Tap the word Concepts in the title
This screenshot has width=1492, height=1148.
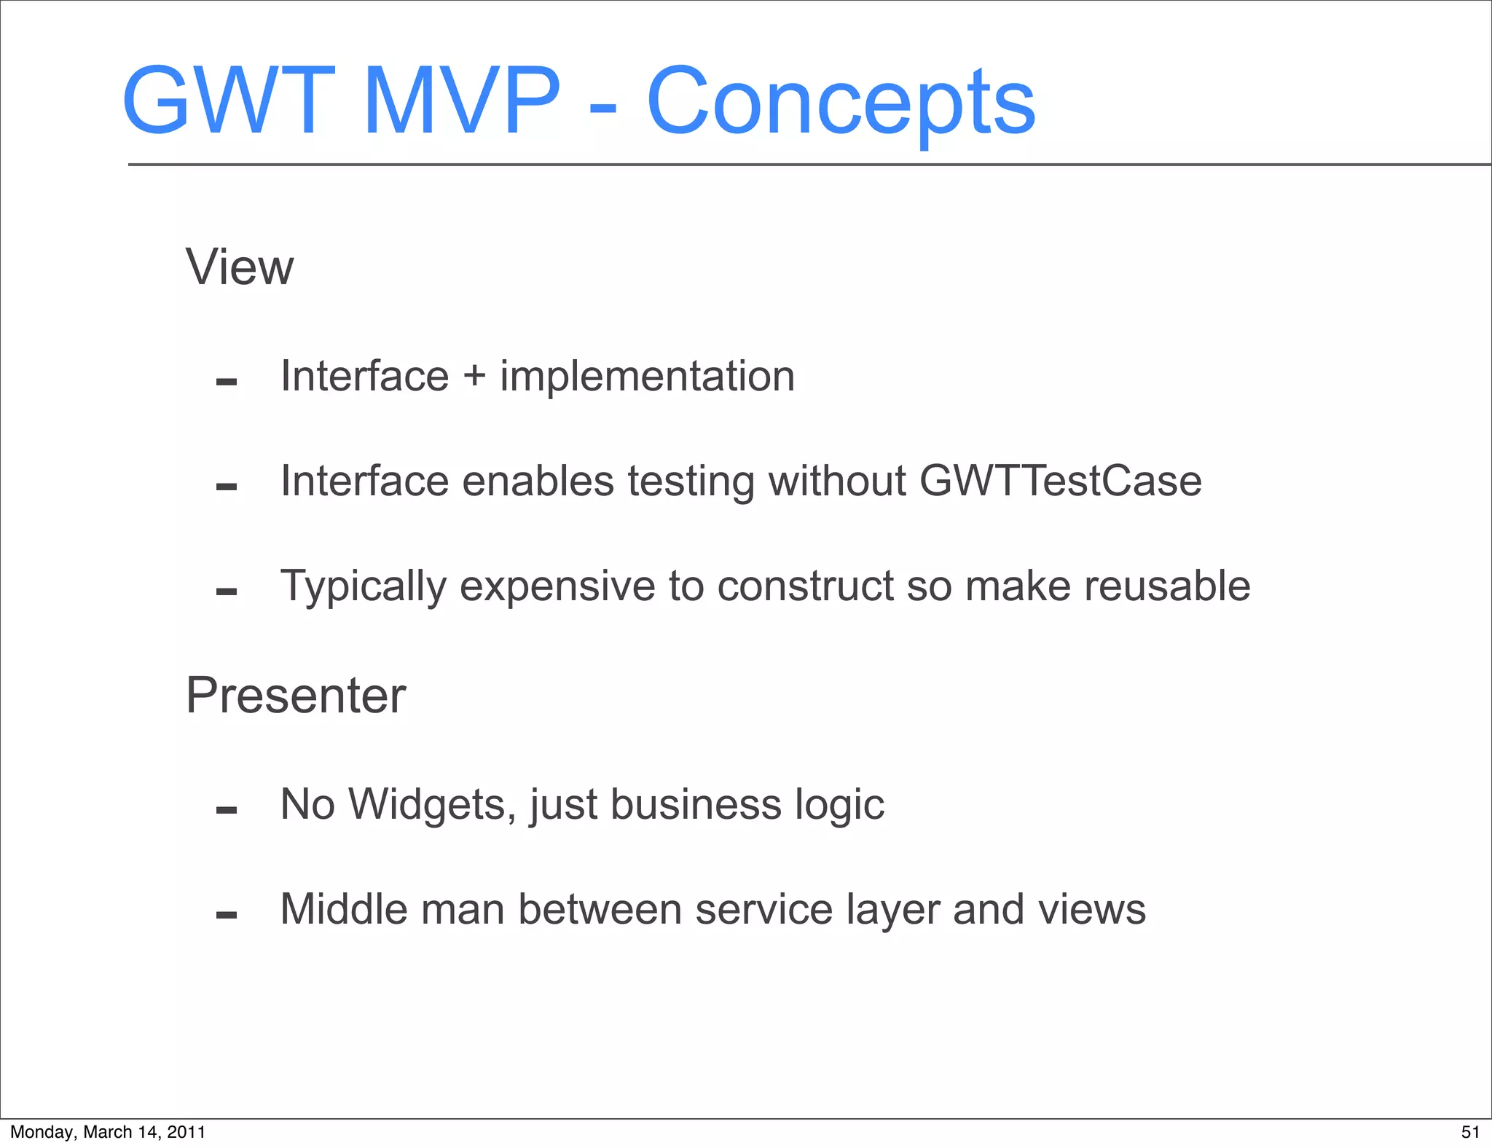tap(841, 102)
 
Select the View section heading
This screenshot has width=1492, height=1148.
tap(240, 267)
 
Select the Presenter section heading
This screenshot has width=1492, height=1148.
tap(295, 696)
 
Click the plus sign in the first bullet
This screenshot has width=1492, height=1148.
tap(474, 377)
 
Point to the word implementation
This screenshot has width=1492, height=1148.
tap(647, 377)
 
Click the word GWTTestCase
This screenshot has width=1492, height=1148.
tap(1060, 481)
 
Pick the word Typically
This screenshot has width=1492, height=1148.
tap(363, 587)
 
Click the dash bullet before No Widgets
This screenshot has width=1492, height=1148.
tap(227, 809)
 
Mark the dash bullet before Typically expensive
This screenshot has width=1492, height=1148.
tap(227, 591)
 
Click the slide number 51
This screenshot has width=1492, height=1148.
tap(1470, 1132)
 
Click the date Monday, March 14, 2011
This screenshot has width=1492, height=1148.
tap(108, 1132)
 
